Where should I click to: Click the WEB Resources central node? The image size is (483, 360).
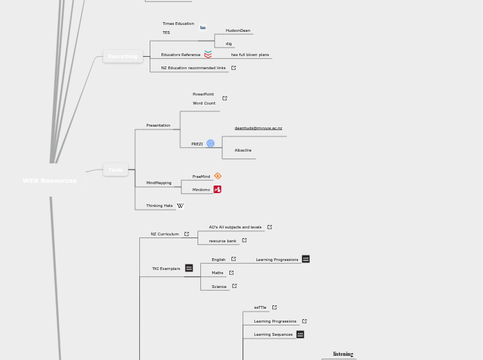(x=49, y=181)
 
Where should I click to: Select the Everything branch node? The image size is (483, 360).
(x=123, y=57)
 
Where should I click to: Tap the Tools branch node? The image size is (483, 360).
(x=115, y=170)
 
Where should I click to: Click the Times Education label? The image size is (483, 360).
(x=178, y=24)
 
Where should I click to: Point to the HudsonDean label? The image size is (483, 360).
(x=238, y=30)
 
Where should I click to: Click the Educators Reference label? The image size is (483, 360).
(x=180, y=55)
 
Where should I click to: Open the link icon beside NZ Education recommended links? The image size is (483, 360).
(x=234, y=68)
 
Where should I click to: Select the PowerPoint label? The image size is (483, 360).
(x=203, y=94)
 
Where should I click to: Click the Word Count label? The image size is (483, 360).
(x=204, y=103)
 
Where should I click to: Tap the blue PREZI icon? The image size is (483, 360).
(x=211, y=143)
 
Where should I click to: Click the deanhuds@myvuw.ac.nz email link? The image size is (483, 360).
(x=258, y=128)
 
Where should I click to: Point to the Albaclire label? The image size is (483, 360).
(x=243, y=150)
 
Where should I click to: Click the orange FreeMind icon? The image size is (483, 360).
(x=218, y=176)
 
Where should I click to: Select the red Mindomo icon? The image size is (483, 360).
(x=218, y=189)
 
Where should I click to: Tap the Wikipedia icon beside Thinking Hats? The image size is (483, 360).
(x=180, y=206)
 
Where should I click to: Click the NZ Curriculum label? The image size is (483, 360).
(x=164, y=234)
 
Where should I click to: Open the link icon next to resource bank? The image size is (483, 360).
(x=244, y=240)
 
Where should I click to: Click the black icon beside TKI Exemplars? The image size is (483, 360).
(x=188, y=268)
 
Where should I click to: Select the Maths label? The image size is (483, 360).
(x=218, y=273)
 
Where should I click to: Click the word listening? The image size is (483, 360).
(x=343, y=354)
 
